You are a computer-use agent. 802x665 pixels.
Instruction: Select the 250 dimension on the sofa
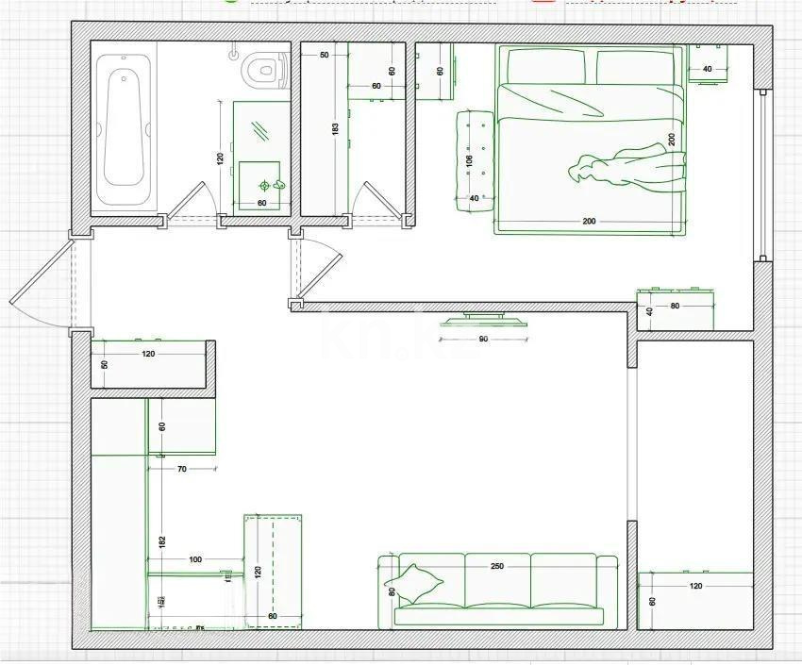click(497, 567)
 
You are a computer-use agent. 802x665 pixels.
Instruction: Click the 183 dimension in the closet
click(335, 129)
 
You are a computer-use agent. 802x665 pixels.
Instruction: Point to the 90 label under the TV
click(484, 340)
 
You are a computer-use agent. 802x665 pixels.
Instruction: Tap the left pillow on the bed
click(547, 66)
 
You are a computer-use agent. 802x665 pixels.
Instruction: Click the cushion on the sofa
click(417, 582)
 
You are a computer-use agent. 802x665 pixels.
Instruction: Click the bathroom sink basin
click(263, 183)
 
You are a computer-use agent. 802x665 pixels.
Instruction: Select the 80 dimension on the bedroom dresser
click(675, 306)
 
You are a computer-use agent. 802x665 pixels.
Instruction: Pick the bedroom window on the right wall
click(763, 175)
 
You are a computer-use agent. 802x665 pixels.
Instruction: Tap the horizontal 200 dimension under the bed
click(589, 222)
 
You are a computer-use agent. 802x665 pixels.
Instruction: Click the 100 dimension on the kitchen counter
click(195, 559)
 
